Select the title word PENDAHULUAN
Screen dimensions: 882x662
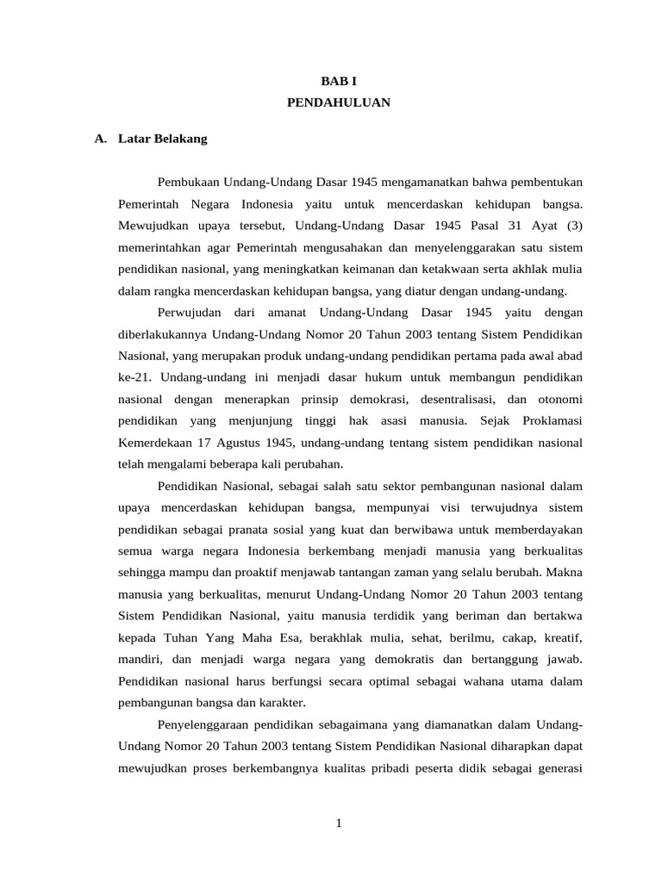click(338, 102)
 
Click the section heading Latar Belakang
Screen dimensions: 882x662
click(163, 138)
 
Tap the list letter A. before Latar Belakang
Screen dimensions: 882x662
click(101, 138)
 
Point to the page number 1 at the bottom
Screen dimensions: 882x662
click(339, 823)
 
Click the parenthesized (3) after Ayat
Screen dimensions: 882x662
click(573, 226)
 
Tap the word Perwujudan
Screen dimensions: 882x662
click(190, 313)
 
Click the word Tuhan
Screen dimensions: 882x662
click(180, 638)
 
